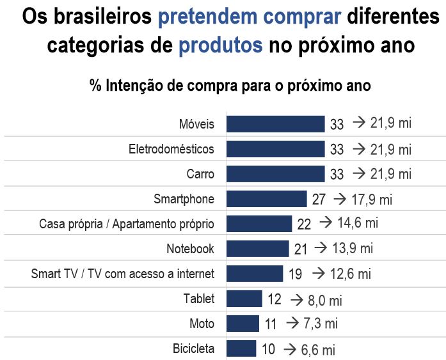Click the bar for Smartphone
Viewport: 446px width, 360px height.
click(x=266, y=199)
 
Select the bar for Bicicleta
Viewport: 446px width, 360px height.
click(x=241, y=349)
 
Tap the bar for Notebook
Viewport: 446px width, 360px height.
click(x=257, y=249)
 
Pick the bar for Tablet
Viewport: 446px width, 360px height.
click(x=244, y=299)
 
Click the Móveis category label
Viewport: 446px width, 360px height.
click(x=196, y=124)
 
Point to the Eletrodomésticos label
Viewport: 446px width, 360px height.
click(x=171, y=149)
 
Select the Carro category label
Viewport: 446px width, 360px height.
click(x=200, y=174)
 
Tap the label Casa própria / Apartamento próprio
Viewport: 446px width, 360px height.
click(x=127, y=224)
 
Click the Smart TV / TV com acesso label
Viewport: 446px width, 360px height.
click(x=123, y=274)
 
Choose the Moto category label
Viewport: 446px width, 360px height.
click(x=202, y=324)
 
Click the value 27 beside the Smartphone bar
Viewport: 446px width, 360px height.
click(x=319, y=200)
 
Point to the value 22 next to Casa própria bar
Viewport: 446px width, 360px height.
click(x=304, y=224)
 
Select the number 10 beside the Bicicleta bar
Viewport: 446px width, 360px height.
click(x=269, y=350)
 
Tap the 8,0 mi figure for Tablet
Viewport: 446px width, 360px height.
click(x=325, y=299)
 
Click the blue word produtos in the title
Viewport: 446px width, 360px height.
click(x=221, y=46)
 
